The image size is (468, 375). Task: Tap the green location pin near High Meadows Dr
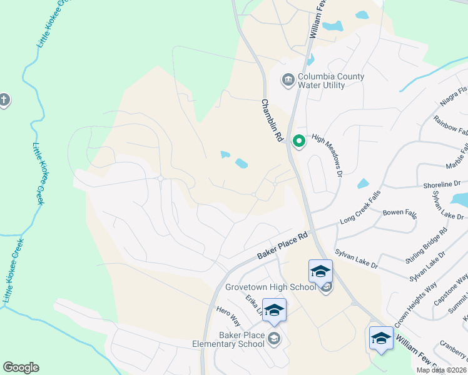click(299, 142)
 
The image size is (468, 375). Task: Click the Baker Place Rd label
click(283, 247)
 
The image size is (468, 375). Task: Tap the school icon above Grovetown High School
click(320, 271)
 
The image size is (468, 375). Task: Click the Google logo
click(21, 367)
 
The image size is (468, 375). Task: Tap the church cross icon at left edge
click(4, 100)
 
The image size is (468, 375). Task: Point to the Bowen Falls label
click(399, 213)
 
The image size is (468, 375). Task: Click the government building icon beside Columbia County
click(287, 80)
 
